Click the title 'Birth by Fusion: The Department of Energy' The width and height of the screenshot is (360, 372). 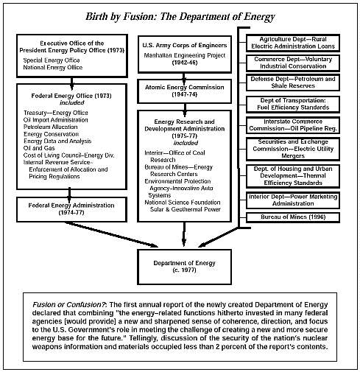[180, 17]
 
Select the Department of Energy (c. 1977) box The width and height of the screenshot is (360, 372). [184, 267]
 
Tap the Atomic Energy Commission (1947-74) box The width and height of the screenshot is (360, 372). [184, 91]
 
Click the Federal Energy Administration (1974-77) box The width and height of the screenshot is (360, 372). [71, 209]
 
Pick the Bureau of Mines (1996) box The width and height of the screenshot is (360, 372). [293, 217]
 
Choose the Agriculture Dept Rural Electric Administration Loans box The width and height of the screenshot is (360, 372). [293, 43]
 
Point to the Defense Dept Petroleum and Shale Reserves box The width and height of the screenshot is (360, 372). [293, 83]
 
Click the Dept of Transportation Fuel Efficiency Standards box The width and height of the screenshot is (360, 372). [293, 104]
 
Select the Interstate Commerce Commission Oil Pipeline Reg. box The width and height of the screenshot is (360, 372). [293, 125]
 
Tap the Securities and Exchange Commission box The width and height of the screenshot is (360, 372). [293, 149]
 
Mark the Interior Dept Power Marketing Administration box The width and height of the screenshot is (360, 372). [293, 200]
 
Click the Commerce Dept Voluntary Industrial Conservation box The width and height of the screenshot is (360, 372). [293, 63]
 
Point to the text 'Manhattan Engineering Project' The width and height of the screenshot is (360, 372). [184, 55]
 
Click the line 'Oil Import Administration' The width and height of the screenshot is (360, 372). [56, 120]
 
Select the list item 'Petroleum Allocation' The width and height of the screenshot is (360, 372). [50, 127]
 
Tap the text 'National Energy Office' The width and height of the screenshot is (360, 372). [53, 67]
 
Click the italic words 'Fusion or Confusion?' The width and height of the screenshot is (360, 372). [69, 305]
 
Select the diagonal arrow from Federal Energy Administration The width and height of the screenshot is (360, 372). [112, 234]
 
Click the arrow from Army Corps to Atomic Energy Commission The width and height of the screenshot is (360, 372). [184, 78]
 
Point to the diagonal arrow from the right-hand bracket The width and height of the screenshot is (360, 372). [218, 237]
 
